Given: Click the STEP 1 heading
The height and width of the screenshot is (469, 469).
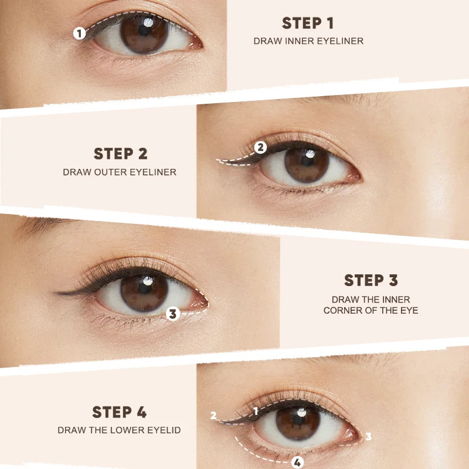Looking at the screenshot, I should click(x=308, y=23).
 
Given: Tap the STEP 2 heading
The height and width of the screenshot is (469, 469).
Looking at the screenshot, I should click(x=120, y=154).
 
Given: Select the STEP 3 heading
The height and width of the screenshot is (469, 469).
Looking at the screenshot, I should click(x=371, y=280).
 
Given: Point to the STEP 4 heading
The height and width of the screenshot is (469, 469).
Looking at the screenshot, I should click(x=119, y=412).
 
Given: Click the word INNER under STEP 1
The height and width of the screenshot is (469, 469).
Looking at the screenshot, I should click(x=293, y=41).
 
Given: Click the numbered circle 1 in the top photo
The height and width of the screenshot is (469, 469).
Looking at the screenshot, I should click(x=80, y=33).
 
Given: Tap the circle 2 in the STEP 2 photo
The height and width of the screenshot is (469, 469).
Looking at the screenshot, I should click(x=260, y=147).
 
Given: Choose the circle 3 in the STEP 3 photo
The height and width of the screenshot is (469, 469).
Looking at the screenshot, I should click(x=172, y=314).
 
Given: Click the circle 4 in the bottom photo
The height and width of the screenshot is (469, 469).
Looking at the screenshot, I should click(x=297, y=462).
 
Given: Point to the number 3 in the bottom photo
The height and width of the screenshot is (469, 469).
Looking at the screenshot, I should click(x=368, y=436).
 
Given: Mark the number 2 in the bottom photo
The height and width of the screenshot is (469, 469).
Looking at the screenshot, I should click(x=213, y=416).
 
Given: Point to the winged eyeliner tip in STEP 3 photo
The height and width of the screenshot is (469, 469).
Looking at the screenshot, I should click(x=57, y=293).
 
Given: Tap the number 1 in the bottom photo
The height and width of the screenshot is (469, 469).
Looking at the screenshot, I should click(x=256, y=411).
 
